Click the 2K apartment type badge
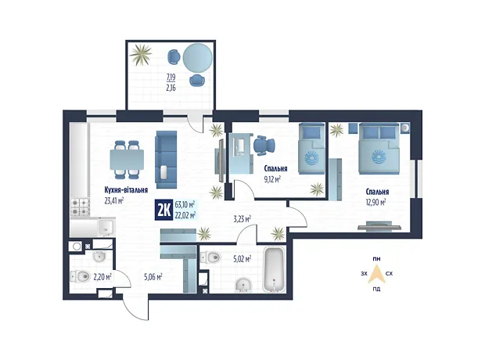pyautogui.click(x=163, y=211)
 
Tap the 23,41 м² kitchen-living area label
pyautogui.click(x=114, y=201)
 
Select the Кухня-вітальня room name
pyautogui.click(x=126, y=190)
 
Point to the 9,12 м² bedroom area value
pyautogui.click(x=272, y=179)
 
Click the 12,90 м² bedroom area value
pyautogui.click(x=375, y=203)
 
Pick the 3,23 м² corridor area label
pyautogui.click(x=242, y=219)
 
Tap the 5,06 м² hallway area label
pyautogui.click(x=153, y=277)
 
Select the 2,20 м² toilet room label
pyautogui.click(x=102, y=276)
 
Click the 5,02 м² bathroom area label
pyautogui.click(x=242, y=259)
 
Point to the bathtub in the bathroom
pyautogui.click(x=274, y=269)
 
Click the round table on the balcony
pyautogui.click(x=198, y=58)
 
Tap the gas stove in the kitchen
pyautogui.click(x=80, y=207)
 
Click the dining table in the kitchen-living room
pyautogui.click(x=127, y=160)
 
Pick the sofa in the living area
pyautogui.click(x=166, y=160)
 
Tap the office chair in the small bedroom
pyautogui.click(x=264, y=146)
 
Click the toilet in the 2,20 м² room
pyautogui.click(x=80, y=275)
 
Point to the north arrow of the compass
pyautogui.click(x=376, y=274)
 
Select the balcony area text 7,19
pyautogui.click(x=171, y=77)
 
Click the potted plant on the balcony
pyautogui.click(x=141, y=55)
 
